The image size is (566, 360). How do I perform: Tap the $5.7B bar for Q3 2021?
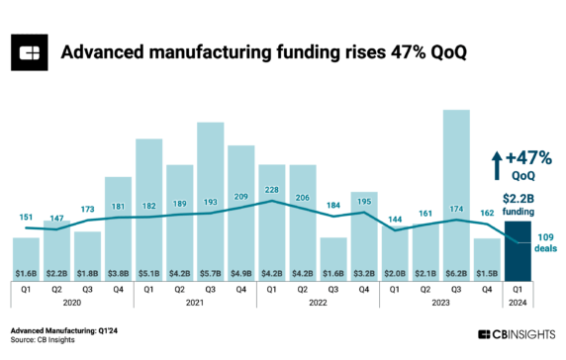(x=210, y=198)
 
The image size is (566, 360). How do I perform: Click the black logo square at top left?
(x=32, y=51)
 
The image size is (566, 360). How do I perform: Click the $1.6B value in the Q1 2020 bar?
(x=27, y=272)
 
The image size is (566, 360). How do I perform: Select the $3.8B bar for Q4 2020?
(x=118, y=227)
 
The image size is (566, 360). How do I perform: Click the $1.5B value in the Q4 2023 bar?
(x=487, y=272)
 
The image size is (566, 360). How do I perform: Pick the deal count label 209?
(x=240, y=197)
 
